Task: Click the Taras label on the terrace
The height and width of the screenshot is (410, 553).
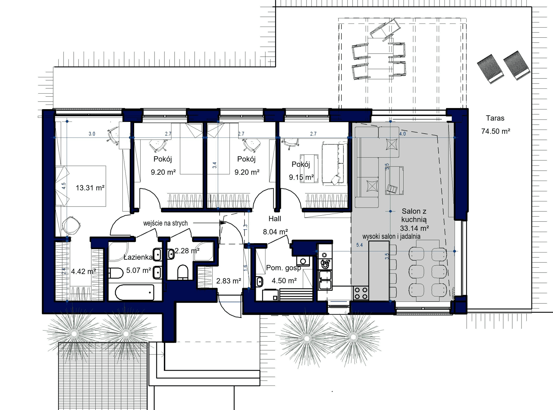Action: point(495,118)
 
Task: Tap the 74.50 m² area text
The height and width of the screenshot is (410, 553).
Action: point(496,131)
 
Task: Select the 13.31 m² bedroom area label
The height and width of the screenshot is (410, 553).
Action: point(90,188)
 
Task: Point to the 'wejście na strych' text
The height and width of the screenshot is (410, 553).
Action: point(166,223)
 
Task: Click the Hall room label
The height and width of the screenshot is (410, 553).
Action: point(275,219)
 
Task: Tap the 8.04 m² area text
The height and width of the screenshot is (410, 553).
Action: point(275,232)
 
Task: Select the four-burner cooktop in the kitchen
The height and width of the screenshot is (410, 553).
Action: point(361,293)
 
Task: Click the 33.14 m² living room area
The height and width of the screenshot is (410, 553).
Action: point(414,228)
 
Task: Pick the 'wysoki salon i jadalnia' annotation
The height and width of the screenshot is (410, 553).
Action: point(391,237)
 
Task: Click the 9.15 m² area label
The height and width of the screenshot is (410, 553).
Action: point(301,177)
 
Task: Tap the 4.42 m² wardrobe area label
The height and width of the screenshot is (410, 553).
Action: point(83,271)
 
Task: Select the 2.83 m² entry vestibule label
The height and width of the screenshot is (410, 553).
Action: point(228,281)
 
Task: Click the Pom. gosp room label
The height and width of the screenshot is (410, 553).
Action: point(283,268)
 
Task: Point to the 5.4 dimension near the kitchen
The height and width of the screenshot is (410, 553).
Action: point(359,245)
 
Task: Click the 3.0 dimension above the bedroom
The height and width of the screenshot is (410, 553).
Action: point(92,134)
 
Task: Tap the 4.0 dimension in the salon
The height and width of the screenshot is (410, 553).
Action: point(402,134)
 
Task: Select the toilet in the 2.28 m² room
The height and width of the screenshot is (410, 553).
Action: point(182,272)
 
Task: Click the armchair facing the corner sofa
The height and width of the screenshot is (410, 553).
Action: point(394,180)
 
